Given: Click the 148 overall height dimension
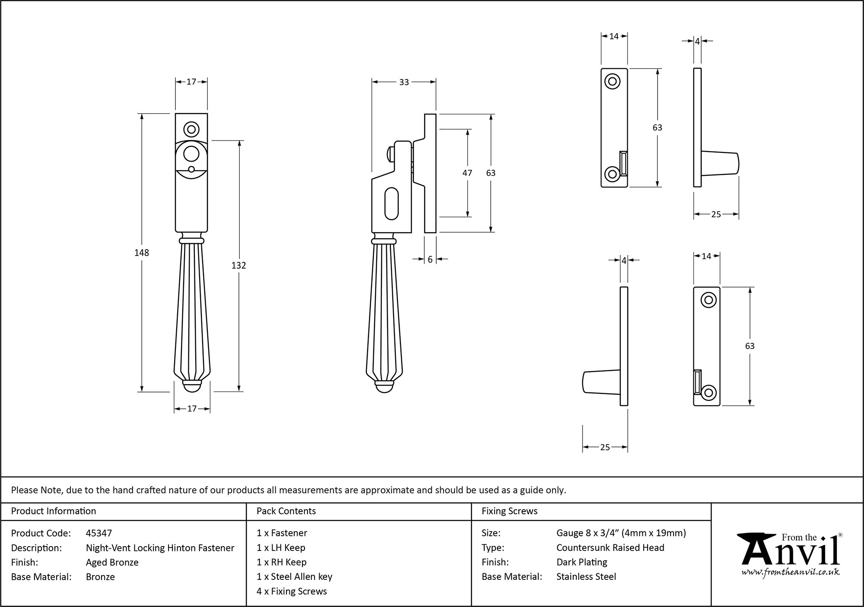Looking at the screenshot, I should click(x=142, y=253).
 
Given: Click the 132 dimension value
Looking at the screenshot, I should click(x=238, y=266).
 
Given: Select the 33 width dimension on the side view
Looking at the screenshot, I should click(x=403, y=82).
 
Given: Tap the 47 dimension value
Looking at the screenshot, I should click(x=467, y=173).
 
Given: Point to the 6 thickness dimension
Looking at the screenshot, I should click(x=430, y=259).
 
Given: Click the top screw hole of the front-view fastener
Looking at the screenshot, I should click(x=191, y=129).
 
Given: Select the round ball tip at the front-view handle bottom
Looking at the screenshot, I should click(x=192, y=388).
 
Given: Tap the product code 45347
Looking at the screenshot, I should click(x=98, y=533).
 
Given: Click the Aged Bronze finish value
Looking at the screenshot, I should click(x=112, y=562).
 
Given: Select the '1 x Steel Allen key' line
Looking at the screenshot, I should click(x=294, y=577).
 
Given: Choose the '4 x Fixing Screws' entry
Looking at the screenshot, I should click(x=292, y=591).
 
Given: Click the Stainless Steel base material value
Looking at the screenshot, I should click(x=586, y=577).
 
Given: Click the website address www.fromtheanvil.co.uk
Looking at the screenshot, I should click(x=790, y=572).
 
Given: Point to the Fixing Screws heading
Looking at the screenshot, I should click(x=509, y=511).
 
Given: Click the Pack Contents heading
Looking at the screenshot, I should click(x=286, y=511).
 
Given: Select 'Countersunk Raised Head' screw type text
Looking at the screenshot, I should click(x=610, y=548).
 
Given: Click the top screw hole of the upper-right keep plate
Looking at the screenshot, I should click(x=612, y=81).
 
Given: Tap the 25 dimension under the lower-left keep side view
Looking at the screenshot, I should click(x=605, y=447).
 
